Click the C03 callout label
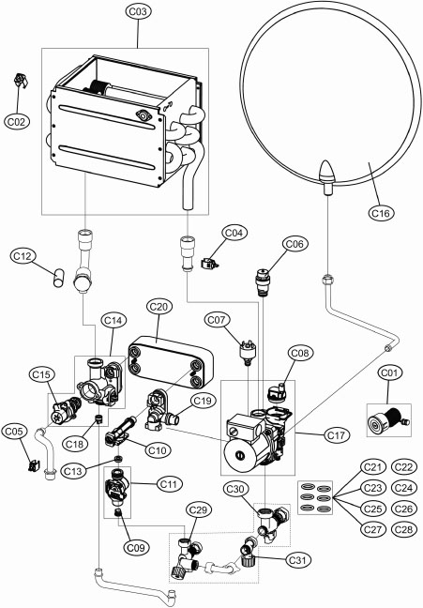[x=138, y=11]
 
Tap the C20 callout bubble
[x=159, y=307]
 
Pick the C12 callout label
[x=24, y=254]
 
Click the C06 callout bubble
[x=295, y=243]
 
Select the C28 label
[x=403, y=529]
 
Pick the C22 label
[x=403, y=467]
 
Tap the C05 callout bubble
[x=13, y=432]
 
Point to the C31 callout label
[x=298, y=560]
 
